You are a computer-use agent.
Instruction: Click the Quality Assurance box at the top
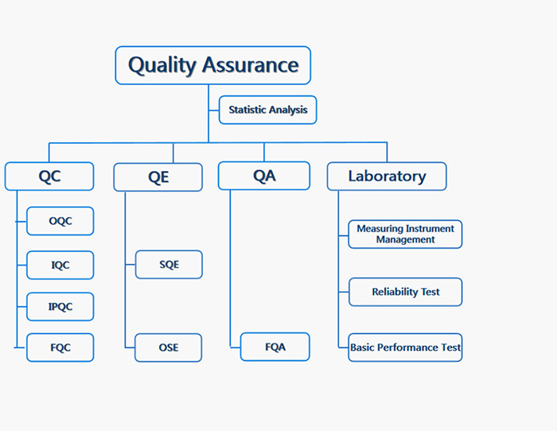click(213, 65)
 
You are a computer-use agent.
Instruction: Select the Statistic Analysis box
click(268, 110)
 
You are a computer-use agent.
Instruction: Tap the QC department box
click(49, 177)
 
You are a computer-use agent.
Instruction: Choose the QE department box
click(158, 177)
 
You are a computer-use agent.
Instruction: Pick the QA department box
click(264, 176)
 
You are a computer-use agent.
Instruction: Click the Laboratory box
click(387, 177)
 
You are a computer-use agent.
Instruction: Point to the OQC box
click(60, 221)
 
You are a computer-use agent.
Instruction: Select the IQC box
click(60, 266)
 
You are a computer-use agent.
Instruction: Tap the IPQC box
click(60, 307)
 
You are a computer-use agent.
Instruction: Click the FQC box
click(60, 348)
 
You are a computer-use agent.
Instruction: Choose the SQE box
click(169, 265)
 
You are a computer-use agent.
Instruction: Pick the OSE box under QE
click(169, 348)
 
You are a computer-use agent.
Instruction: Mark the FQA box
click(275, 347)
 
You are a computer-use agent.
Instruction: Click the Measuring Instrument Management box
click(405, 235)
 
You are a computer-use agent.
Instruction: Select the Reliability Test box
click(406, 292)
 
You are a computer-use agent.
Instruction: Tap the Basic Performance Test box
click(405, 348)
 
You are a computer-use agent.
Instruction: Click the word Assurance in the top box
click(251, 65)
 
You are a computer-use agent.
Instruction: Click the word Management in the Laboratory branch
click(405, 240)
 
